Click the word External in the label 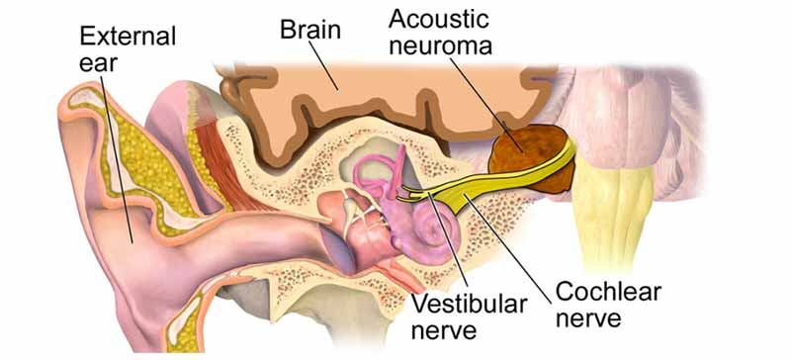click(x=128, y=38)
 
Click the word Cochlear click(x=608, y=293)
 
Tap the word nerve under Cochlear click(x=589, y=319)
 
